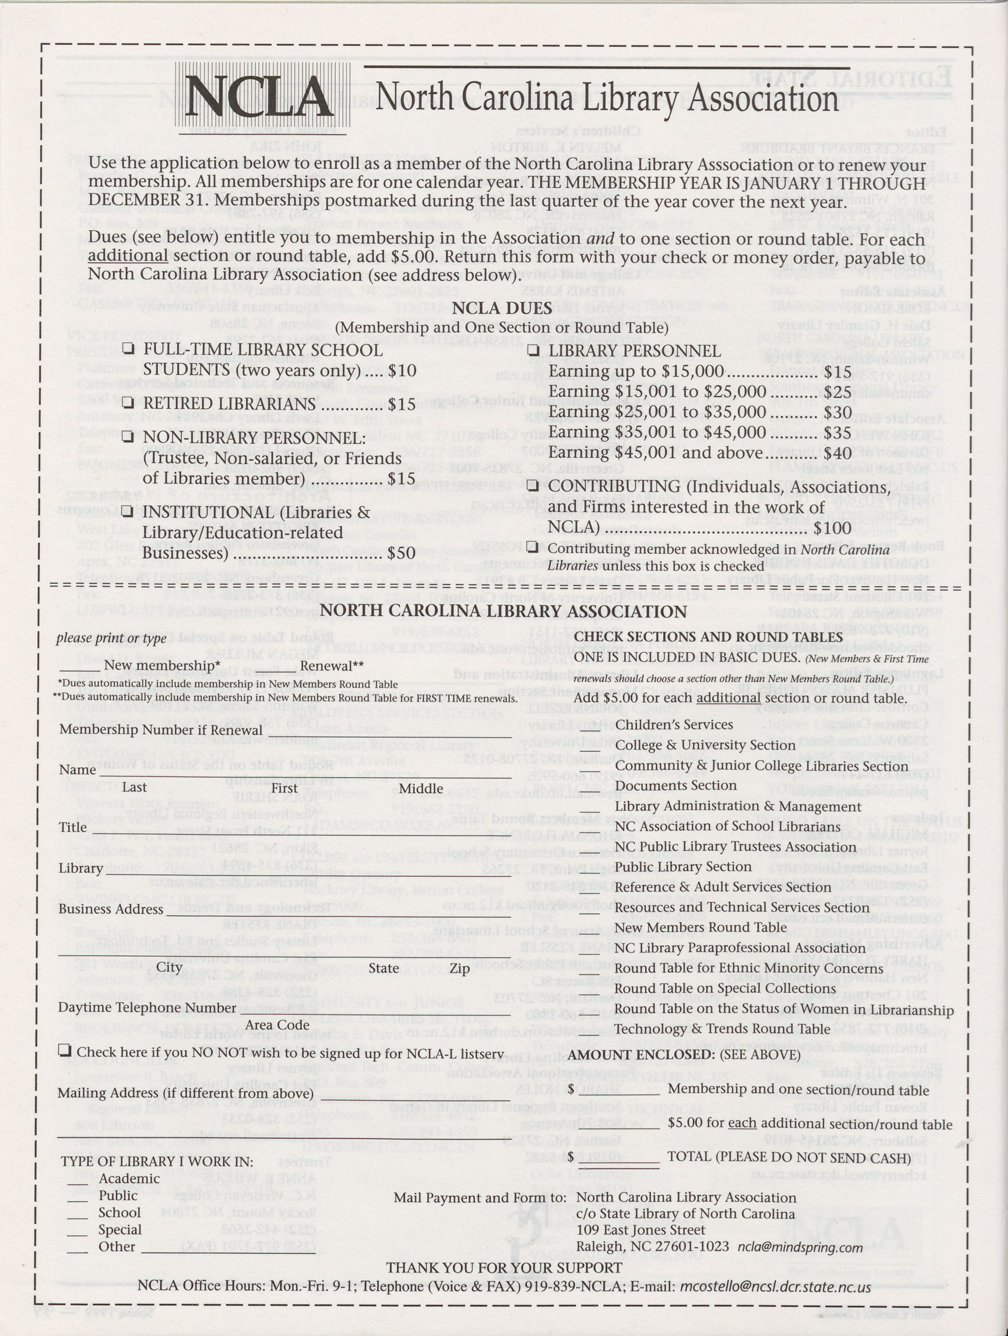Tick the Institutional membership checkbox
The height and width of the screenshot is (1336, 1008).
click(128, 511)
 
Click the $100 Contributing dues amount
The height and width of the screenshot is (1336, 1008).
click(832, 527)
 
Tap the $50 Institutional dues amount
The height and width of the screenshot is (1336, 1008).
click(402, 553)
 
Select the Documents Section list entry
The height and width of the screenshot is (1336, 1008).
click(675, 785)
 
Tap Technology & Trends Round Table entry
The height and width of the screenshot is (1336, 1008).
click(722, 1028)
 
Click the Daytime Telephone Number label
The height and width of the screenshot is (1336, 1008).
click(147, 1007)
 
